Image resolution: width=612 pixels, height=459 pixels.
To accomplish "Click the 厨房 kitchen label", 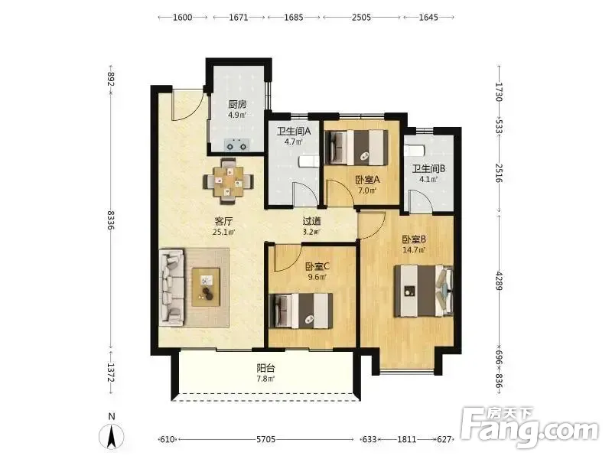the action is coord(237,104).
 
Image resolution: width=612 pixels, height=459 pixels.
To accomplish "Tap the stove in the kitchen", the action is coord(237,145).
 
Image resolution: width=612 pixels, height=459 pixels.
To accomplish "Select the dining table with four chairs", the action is coord(228,181).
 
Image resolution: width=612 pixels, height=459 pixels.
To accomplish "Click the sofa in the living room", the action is coord(171,287).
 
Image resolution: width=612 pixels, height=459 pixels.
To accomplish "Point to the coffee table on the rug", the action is coord(206,287).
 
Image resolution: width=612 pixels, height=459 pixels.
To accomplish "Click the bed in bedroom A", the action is coord(356,147).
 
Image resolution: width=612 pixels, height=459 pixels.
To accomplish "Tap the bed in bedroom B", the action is coord(424,291).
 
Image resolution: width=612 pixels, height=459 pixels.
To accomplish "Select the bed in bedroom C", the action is coord(301,311).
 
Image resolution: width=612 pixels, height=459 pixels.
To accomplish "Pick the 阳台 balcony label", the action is coord(265,368).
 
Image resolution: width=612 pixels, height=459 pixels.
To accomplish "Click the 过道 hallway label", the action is coord(312,221).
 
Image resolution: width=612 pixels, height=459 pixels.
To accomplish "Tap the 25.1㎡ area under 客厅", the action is coord(223,233).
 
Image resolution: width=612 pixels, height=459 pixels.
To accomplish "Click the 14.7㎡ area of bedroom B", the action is coord(414,250).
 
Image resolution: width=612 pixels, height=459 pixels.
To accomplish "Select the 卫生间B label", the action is coord(429,168).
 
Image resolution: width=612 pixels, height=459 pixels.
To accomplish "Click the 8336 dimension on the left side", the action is coord(111,220).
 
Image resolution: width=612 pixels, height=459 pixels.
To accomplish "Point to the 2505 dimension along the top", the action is coord(361,17).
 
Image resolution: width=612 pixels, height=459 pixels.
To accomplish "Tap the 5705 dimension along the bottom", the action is coord(265,439).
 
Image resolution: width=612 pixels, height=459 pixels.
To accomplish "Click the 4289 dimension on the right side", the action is coord(499,279).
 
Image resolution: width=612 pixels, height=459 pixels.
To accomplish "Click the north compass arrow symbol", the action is coord(111,435).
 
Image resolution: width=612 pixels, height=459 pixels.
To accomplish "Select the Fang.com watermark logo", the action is coord(529,428).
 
